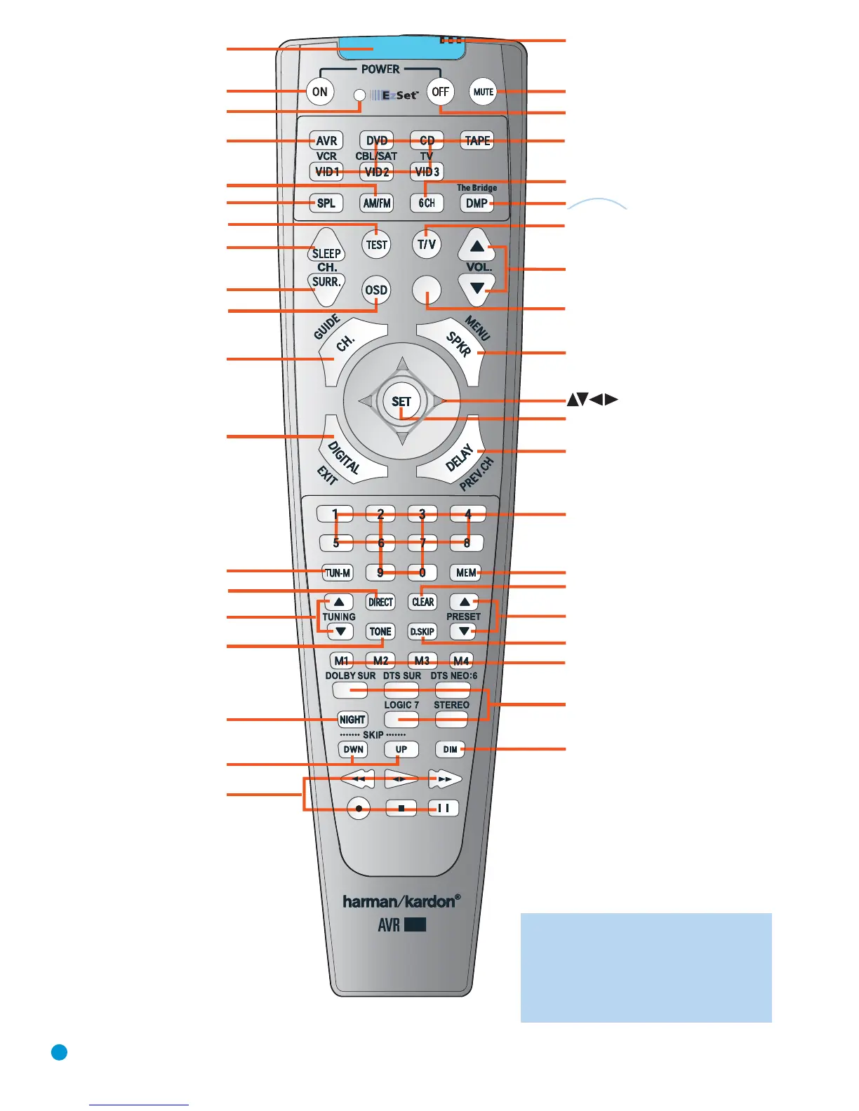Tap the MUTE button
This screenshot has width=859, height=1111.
(483, 92)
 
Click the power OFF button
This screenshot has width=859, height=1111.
(440, 92)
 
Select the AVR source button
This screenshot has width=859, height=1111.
(326, 141)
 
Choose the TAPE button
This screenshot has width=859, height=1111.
(477, 141)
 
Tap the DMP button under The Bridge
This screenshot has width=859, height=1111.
(477, 203)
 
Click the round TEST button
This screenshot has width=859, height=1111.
(377, 245)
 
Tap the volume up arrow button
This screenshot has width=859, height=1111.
(477, 246)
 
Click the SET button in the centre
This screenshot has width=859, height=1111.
(401, 402)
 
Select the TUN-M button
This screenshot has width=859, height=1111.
(338, 573)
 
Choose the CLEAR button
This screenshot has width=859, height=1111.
(422, 602)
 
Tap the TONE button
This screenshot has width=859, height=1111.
(380, 631)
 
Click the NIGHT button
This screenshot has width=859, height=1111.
(352, 720)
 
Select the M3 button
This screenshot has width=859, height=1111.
(422, 661)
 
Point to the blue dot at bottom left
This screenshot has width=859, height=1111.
(60, 1052)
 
